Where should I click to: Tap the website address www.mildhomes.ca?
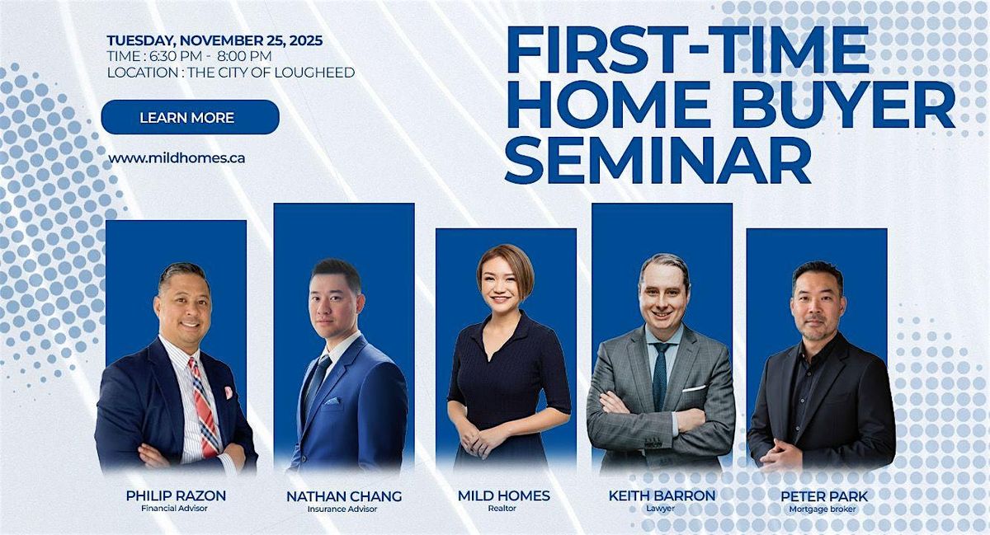click(177, 157)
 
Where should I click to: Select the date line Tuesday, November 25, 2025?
click(214, 40)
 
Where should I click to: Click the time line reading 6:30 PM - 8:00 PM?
click(189, 56)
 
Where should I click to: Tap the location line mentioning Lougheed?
click(231, 73)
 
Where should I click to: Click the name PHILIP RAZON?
click(176, 495)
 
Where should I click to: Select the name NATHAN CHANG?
click(344, 496)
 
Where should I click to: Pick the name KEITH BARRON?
click(662, 495)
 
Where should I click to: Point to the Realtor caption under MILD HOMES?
click(503, 509)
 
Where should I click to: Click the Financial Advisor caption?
click(176, 509)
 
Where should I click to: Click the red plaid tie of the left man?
click(204, 404)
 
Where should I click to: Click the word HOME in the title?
click(596, 104)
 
